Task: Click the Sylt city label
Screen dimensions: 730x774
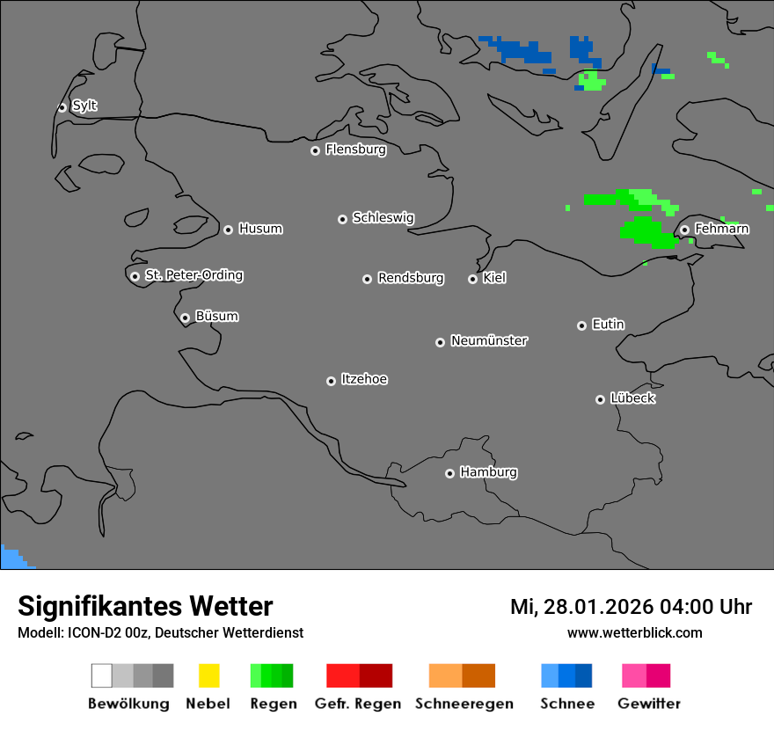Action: (84, 106)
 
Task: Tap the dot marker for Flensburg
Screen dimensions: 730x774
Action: (315, 150)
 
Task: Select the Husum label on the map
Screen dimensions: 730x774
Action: (260, 229)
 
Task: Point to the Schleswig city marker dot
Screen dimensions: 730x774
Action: (342, 219)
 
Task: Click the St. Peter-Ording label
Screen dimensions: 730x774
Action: (193, 275)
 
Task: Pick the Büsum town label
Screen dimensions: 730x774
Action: (216, 316)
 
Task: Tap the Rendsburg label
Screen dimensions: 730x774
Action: (411, 278)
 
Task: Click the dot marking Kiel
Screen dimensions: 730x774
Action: (472, 279)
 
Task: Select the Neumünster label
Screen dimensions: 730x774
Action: (489, 340)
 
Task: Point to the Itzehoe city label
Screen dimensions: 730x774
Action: (364, 379)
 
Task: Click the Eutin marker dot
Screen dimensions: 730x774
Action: (581, 325)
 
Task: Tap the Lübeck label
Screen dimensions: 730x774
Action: (632, 398)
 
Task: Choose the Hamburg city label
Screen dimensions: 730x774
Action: (488, 472)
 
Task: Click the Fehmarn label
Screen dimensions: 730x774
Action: (721, 229)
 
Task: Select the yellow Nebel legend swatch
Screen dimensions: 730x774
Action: (208, 675)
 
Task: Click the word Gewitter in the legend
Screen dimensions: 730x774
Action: (649, 704)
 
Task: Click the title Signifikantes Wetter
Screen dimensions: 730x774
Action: (145, 606)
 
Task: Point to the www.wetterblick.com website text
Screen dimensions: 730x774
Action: (634, 632)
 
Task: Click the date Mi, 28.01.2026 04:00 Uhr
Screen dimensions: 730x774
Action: (631, 607)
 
